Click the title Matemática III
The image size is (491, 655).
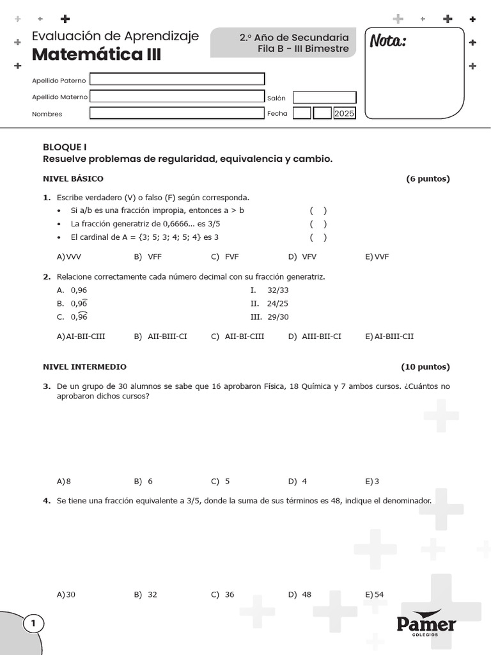[x=96, y=55]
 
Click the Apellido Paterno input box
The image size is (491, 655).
[x=177, y=79]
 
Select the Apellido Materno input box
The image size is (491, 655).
[x=177, y=97]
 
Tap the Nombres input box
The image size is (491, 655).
[x=177, y=113]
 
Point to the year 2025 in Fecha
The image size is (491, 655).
[x=344, y=113]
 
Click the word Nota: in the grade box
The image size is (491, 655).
[x=388, y=42]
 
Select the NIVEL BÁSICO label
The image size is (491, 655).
[x=73, y=178]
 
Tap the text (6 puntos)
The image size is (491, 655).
[x=428, y=178]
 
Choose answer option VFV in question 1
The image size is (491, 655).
[x=309, y=256]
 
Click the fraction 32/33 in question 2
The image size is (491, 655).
[x=278, y=290]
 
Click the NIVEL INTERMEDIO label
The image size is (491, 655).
[x=84, y=367]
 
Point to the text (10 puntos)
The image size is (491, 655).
[x=425, y=367]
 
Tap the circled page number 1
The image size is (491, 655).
[x=33, y=624]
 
